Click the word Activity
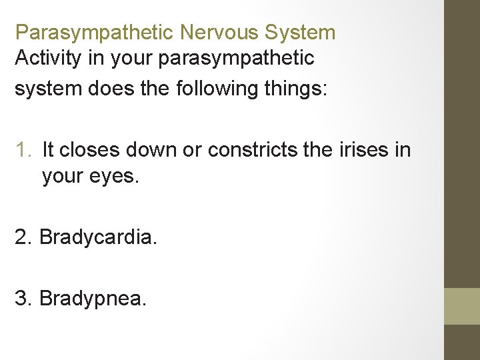coord(48,59)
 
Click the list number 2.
coord(23,237)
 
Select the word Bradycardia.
coord(99,237)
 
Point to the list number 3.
coord(23,298)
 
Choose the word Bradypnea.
coord(93,298)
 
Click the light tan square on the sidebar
coord(461,306)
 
